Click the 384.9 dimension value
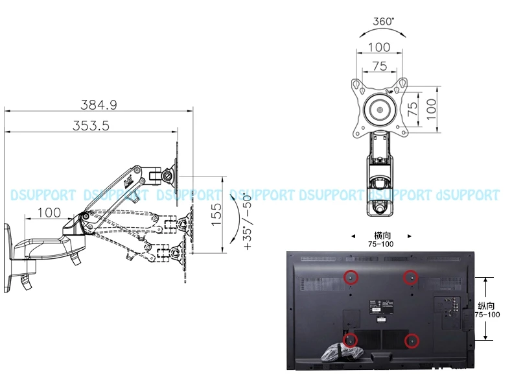(99, 104)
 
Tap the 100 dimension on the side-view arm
(49, 212)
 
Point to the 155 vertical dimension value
(217, 214)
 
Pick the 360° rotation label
(383, 21)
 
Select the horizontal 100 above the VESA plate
(379, 47)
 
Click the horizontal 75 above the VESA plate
(379, 66)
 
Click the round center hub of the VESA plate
(380, 108)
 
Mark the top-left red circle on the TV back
(350, 277)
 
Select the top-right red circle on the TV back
(410, 277)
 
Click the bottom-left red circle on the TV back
(350, 339)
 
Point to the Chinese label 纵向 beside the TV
(486, 305)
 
